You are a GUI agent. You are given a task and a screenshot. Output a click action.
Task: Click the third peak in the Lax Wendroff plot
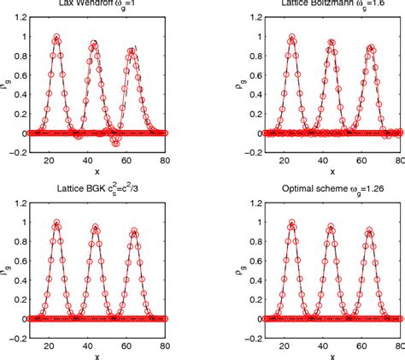(132, 50)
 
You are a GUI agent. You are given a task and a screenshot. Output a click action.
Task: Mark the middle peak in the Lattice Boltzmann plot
(328, 44)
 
